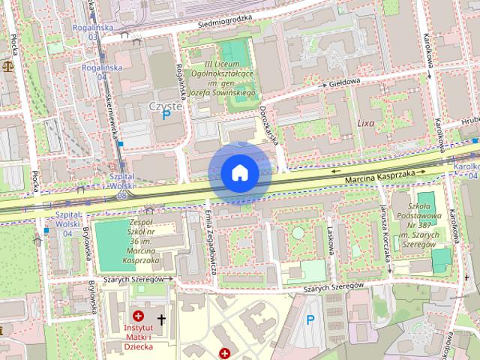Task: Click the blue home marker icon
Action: coord(240,173)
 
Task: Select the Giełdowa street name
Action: coord(344,82)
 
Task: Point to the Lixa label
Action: coord(365,122)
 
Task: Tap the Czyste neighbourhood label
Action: coord(165,106)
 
